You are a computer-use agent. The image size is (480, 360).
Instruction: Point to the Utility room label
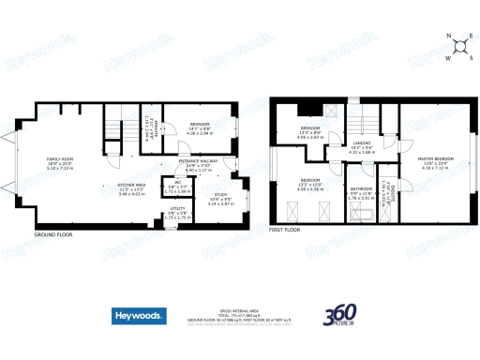pos(176,211)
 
